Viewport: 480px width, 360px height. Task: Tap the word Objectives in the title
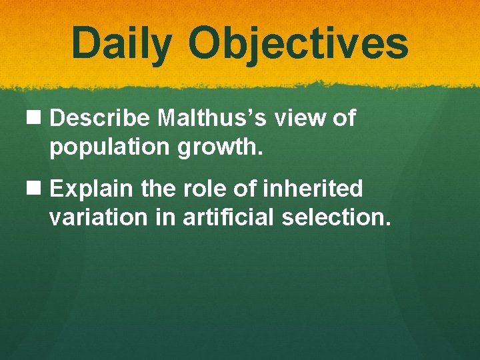[x=297, y=43]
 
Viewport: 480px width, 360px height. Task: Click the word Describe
[x=101, y=119]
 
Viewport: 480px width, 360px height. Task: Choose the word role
[x=206, y=189]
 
